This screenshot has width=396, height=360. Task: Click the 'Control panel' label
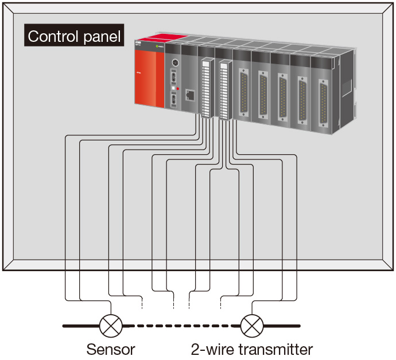tap(75, 37)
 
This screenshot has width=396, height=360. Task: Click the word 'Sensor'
tap(111, 349)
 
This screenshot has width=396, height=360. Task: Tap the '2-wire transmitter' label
tap(252, 349)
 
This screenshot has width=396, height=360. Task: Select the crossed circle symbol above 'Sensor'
tap(110, 326)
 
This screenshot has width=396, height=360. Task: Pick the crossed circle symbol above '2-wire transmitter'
tap(251, 326)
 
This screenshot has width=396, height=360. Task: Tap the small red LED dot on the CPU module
tap(178, 89)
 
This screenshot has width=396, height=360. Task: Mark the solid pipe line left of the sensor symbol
tap(80, 326)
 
